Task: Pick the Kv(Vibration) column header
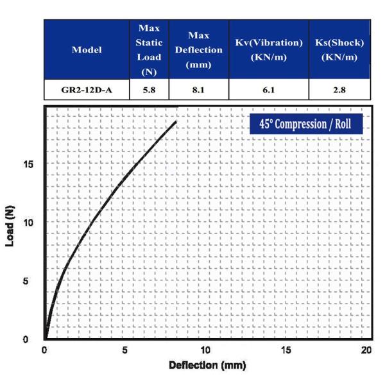[269, 49]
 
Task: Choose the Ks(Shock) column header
[339, 49]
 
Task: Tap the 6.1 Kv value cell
[269, 90]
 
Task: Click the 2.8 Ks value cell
[339, 90]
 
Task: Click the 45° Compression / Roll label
[306, 123]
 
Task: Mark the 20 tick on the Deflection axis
[366, 350]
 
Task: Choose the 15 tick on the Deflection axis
[286, 350]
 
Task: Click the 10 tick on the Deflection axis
[205, 350]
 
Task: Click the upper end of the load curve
[175, 122]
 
